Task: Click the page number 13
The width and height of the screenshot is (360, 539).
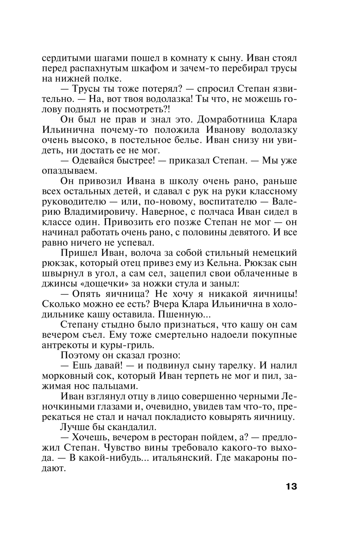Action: coord(291,487)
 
